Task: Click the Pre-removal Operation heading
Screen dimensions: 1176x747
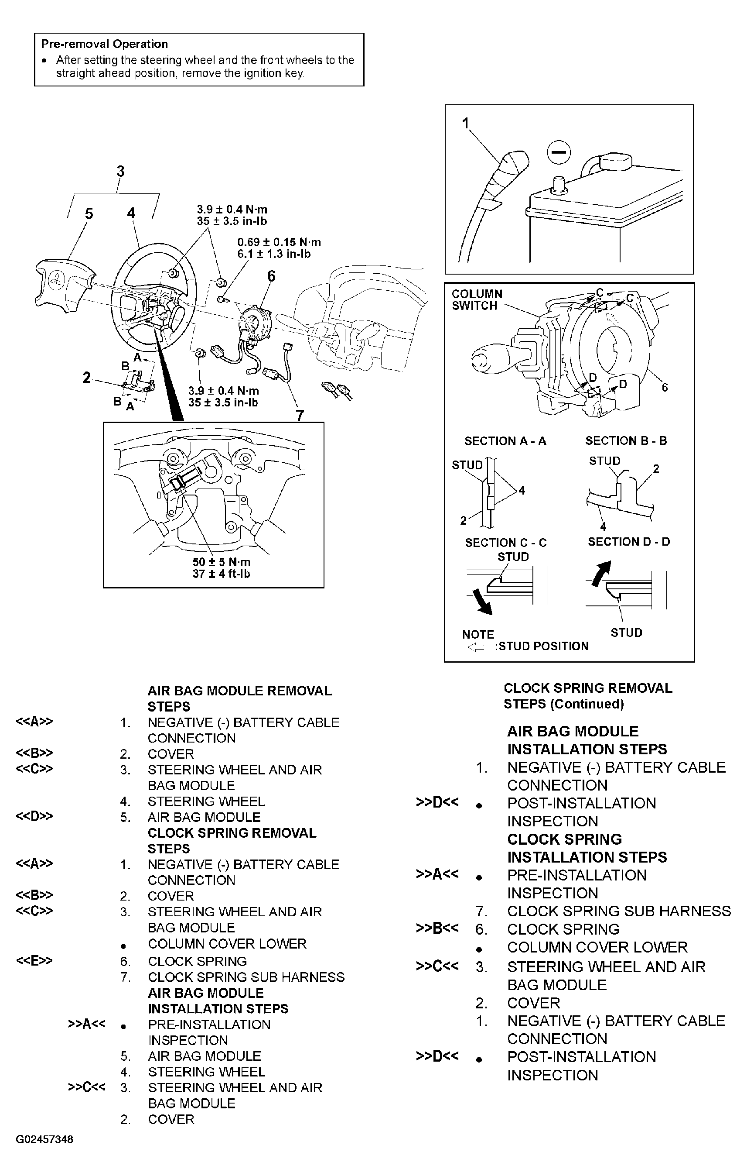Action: [104, 44]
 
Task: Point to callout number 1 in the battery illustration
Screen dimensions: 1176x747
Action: [465, 123]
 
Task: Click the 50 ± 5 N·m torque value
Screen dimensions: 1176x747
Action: [221, 562]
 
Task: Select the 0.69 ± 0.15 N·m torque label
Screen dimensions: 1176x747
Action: [279, 242]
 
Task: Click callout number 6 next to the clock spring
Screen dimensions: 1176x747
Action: [271, 276]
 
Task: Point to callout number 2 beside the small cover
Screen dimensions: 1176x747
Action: [86, 378]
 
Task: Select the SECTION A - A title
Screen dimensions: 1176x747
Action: [505, 441]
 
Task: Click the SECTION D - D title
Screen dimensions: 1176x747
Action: [628, 542]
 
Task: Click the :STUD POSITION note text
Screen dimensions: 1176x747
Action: [542, 646]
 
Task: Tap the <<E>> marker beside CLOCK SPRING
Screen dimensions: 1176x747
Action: [34, 961]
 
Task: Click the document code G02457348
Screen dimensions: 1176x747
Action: [44, 1139]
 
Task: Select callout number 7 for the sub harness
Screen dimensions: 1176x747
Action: [300, 415]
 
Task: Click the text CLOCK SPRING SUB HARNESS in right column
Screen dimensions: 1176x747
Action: [619, 911]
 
